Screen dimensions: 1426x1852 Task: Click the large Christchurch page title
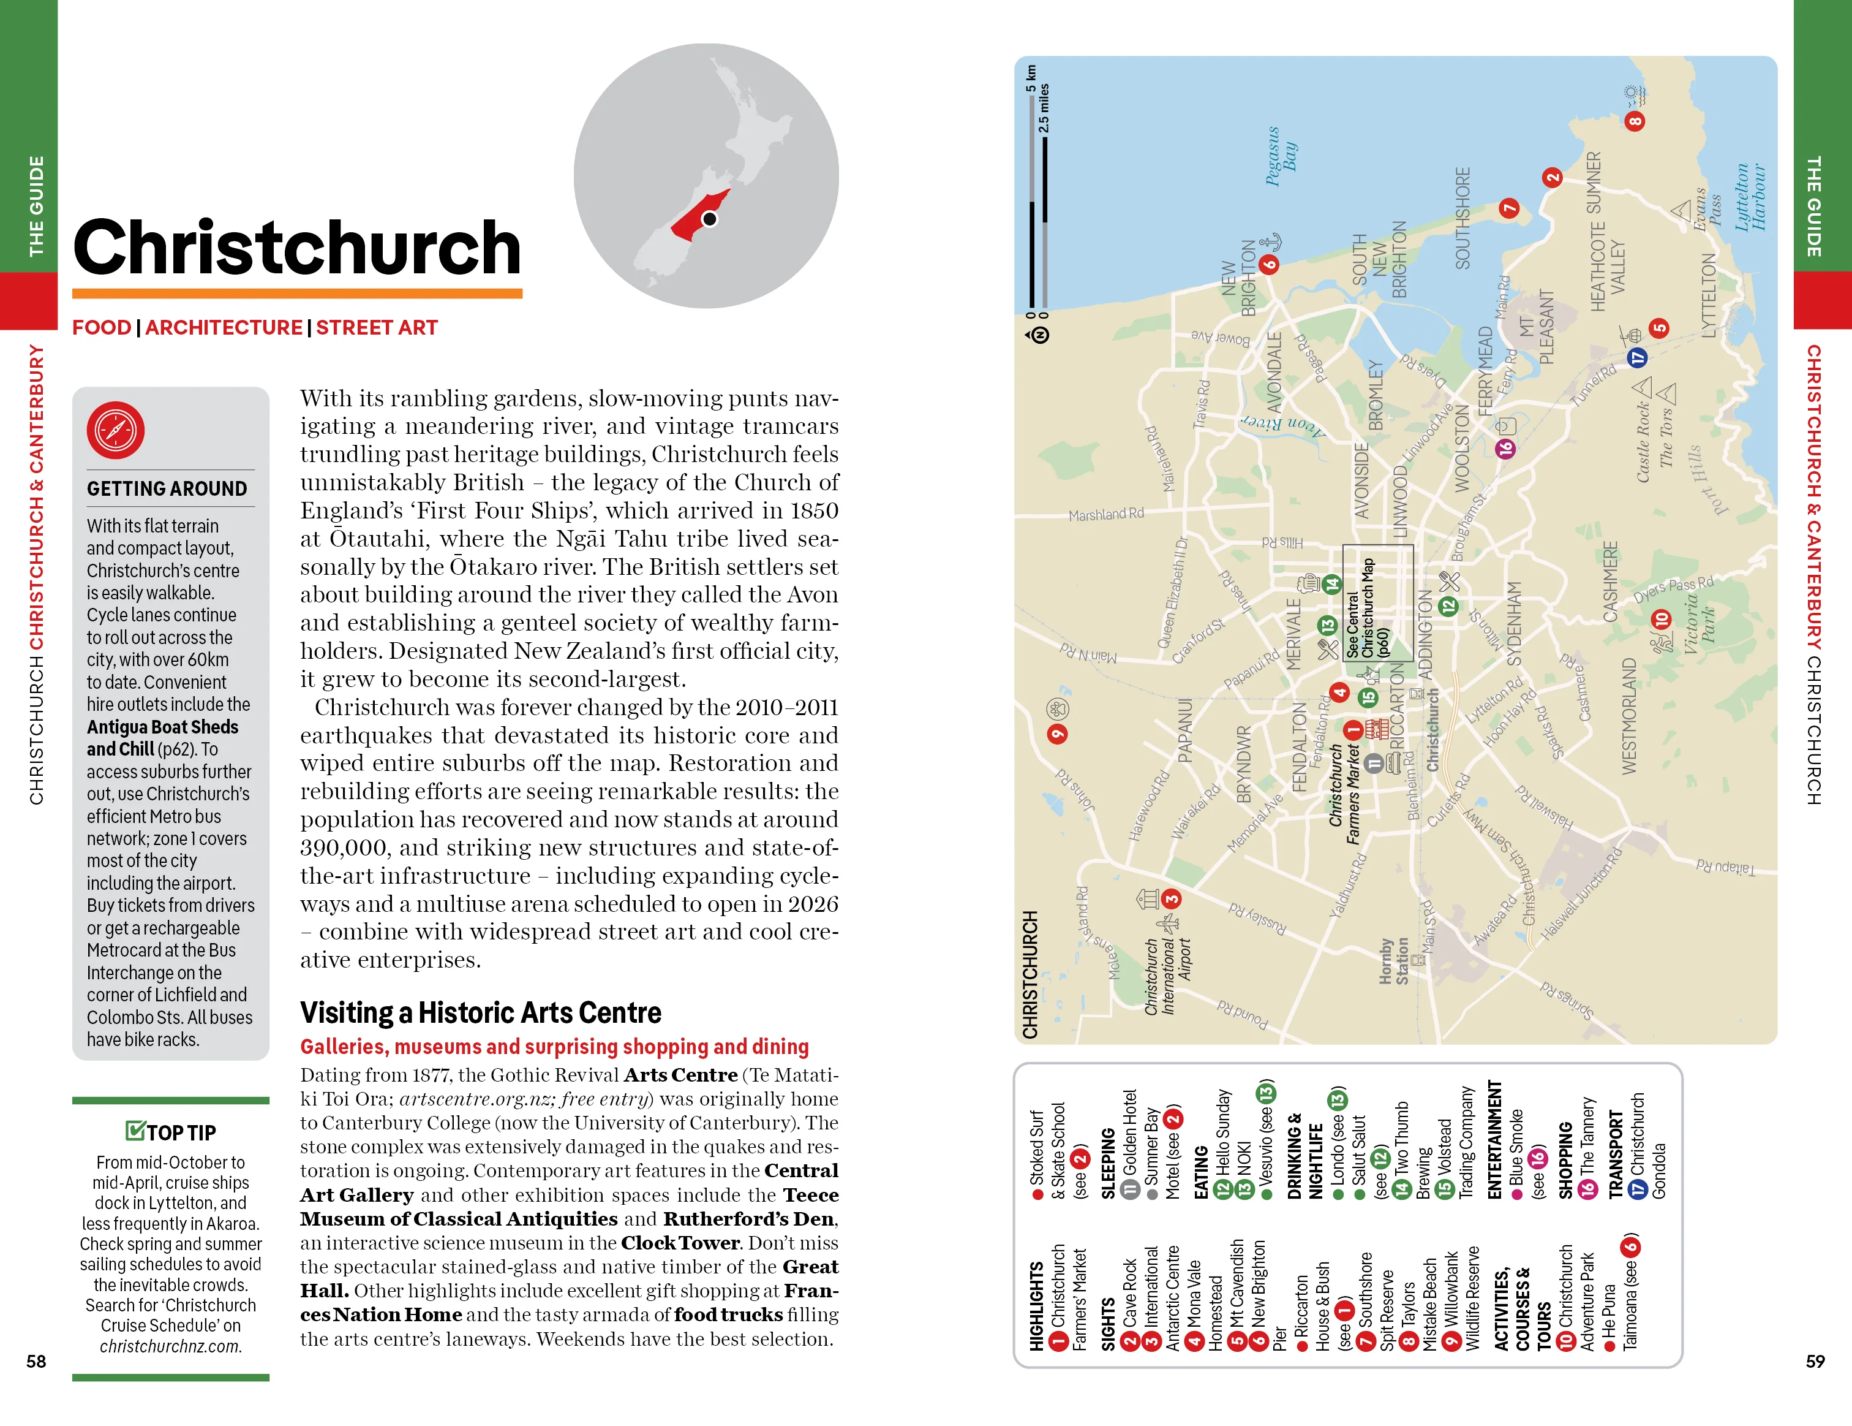point(297,247)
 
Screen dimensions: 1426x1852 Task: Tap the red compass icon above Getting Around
point(115,430)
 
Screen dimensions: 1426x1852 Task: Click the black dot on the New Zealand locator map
point(710,219)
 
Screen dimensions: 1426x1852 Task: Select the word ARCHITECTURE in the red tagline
point(224,327)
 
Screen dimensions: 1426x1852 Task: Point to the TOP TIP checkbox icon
point(135,1131)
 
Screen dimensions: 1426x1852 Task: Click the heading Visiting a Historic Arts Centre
point(480,1013)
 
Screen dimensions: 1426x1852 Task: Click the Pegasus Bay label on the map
point(1281,156)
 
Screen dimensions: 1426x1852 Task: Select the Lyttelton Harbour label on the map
point(1749,197)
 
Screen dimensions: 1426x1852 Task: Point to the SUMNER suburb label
point(1594,183)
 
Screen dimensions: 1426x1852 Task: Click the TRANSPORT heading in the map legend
point(1616,1154)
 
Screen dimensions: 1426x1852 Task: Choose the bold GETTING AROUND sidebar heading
point(167,488)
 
